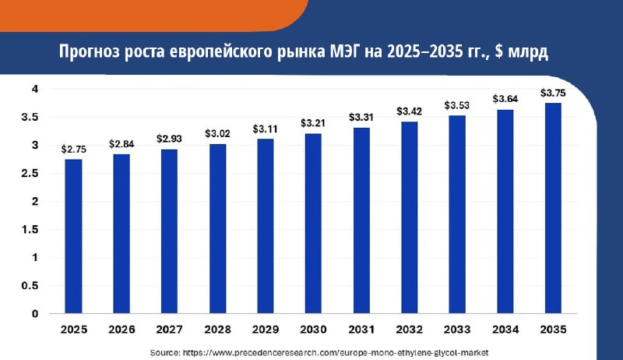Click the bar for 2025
click(x=73, y=236)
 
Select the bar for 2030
click(x=313, y=224)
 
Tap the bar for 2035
click(x=553, y=208)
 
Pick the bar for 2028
click(x=218, y=229)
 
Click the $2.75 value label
click(x=73, y=150)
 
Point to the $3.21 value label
click(x=313, y=123)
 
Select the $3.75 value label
click(x=553, y=93)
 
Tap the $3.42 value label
click(x=410, y=111)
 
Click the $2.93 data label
click(x=169, y=139)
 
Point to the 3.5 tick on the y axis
click(x=30, y=117)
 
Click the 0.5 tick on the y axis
click(x=30, y=286)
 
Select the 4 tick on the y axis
click(x=35, y=89)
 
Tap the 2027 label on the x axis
click(x=169, y=330)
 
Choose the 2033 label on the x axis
click(x=457, y=330)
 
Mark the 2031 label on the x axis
click(x=361, y=330)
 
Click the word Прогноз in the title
click(x=90, y=52)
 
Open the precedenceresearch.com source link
click(x=336, y=352)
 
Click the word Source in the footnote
click(x=165, y=352)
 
